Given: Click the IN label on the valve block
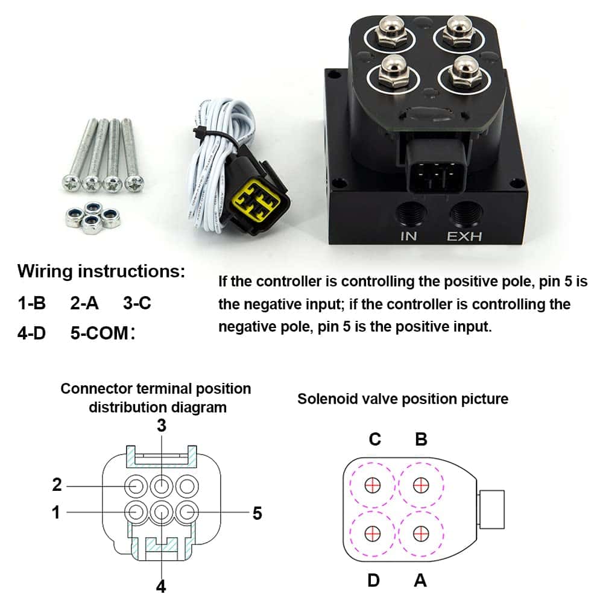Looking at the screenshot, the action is pos(408,236).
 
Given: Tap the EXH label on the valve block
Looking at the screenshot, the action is pos(464,236).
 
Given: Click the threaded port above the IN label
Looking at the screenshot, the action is pos(411,213).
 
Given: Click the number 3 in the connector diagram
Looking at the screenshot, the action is pos(162,425).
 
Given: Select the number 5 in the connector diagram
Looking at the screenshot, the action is pos(257,513).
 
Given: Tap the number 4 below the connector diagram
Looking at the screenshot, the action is pos(161,586).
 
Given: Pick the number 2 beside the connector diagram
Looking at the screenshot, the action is pos(57,485).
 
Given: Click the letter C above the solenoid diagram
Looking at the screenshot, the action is pos(375,439).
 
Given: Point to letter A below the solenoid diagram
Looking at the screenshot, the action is pos(420,580).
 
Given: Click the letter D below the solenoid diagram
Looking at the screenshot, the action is pos(373,580).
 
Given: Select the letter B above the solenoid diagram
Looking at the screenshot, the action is pos(421,439).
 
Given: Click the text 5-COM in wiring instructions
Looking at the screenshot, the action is pos(99,333).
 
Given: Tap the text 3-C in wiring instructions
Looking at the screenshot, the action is pos(137,303).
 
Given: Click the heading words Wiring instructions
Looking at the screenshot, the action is pos(101,271).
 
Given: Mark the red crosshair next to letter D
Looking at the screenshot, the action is pos(372,534).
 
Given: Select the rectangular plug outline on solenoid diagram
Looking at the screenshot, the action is pos(491,509).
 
